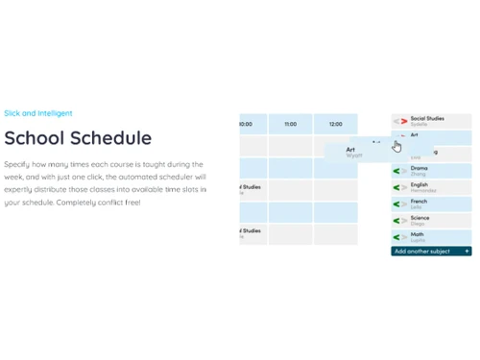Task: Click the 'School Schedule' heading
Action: (78, 137)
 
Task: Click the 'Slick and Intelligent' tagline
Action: (37, 112)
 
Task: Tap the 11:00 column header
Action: (290, 124)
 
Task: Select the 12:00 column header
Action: (335, 124)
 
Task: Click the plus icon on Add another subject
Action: (467, 252)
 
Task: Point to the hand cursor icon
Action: (396, 146)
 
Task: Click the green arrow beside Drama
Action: (397, 171)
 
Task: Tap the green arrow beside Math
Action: (397, 236)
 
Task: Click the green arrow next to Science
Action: (397, 220)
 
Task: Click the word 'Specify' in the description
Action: (17, 164)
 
